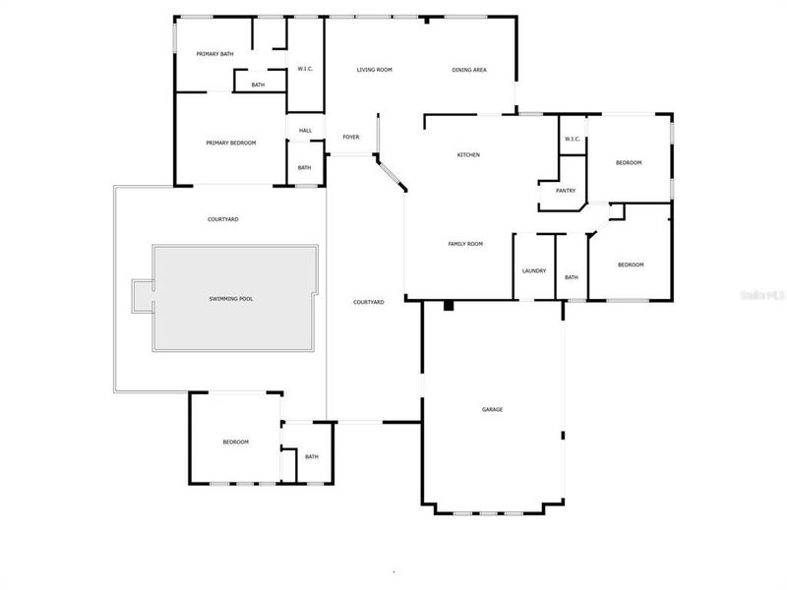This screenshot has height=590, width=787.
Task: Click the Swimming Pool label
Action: [x=231, y=298]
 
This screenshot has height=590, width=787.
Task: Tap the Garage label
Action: [x=492, y=409]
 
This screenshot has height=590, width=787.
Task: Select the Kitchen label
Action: [x=468, y=154]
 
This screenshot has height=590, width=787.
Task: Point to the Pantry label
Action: [x=566, y=191]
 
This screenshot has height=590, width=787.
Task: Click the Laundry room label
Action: [x=534, y=271]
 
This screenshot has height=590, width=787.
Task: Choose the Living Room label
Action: [x=375, y=70]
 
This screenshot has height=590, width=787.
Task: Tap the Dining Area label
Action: [x=469, y=70]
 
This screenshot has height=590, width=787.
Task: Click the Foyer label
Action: [x=351, y=137]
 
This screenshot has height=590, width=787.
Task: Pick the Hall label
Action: [x=305, y=130]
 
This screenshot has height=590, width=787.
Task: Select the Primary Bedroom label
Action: [x=231, y=143]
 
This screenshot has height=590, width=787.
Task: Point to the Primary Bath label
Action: [x=214, y=53]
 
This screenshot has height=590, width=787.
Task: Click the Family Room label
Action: [x=465, y=243]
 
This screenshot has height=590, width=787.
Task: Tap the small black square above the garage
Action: [x=449, y=306]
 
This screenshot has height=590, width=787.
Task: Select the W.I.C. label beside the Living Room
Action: [x=305, y=68]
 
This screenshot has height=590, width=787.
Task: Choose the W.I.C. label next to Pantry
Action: [x=573, y=139]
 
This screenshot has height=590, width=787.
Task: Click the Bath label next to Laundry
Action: [x=572, y=277]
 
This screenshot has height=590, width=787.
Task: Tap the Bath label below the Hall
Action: [x=305, y=167]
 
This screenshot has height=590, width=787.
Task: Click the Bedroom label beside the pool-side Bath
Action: [x=235, y=442]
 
